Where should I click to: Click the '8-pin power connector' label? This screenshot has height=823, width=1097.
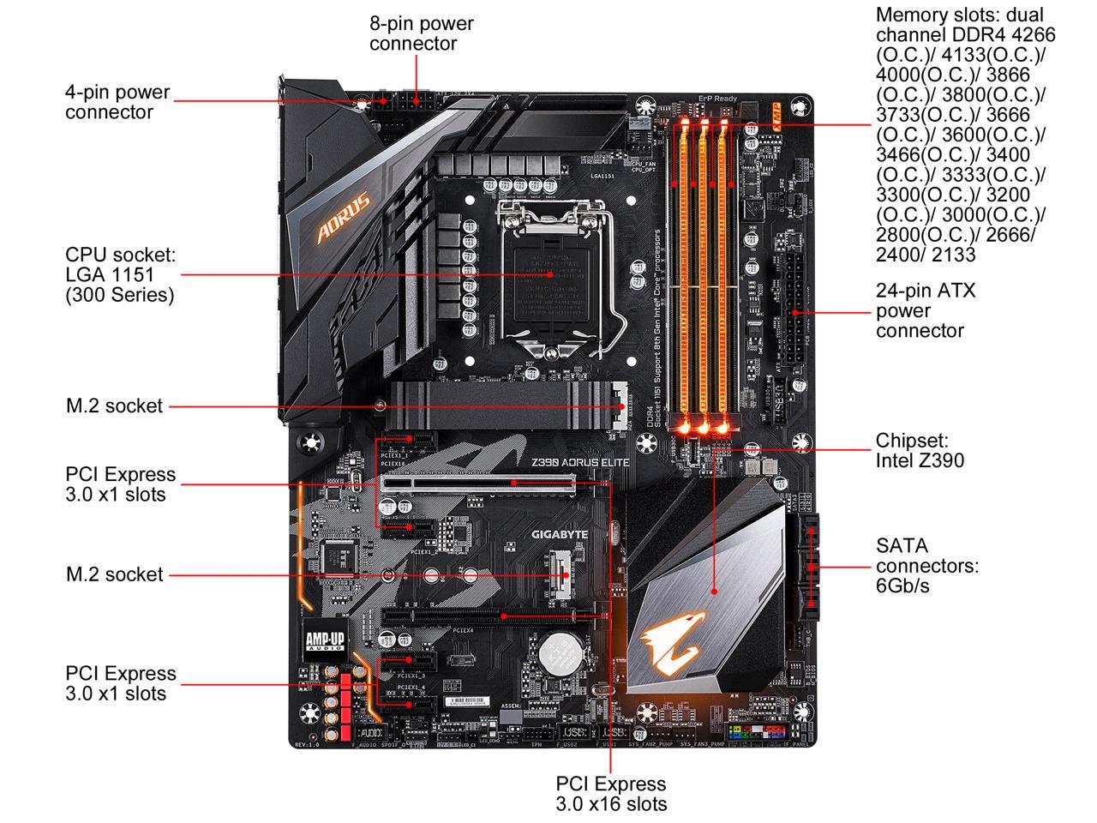[x=421, y=33]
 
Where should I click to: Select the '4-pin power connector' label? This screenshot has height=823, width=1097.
[x=117, y=102]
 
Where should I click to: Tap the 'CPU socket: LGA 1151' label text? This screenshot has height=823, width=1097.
[x=120, y=274]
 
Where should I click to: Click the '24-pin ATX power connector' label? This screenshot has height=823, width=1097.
[x=925, y=310]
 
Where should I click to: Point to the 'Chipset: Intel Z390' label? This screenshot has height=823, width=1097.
[x=919, y=450]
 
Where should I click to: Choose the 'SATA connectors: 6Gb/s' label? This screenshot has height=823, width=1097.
[x=926, y=566]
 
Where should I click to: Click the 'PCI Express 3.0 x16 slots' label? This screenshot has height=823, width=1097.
[x=610, y=793]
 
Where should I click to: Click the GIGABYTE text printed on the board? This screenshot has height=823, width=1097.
[x=560, y=534]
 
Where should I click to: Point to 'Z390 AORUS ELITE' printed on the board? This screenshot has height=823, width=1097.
[x=579, y=462]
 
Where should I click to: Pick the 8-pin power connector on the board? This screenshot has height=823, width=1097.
[x=421, y=103]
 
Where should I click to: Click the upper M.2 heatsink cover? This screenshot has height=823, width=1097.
[x=506, y=405]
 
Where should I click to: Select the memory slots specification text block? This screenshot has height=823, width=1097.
[x=963, y=135]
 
